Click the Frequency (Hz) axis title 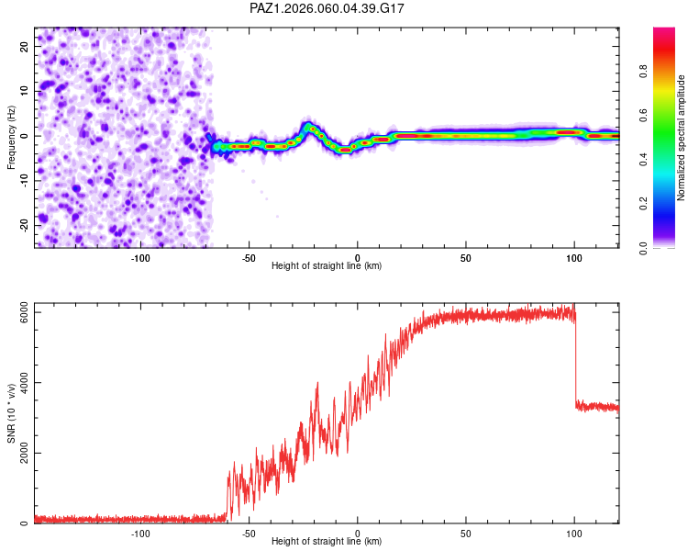pos(11,137)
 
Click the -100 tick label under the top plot pos(140,258)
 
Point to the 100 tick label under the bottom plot pos(574,534)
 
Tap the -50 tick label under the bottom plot pos(249,534)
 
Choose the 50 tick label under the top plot pos(466,258)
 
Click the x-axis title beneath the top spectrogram pos(327,266)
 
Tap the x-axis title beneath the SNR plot pos(327,542)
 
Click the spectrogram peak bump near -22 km pos(309,126)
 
